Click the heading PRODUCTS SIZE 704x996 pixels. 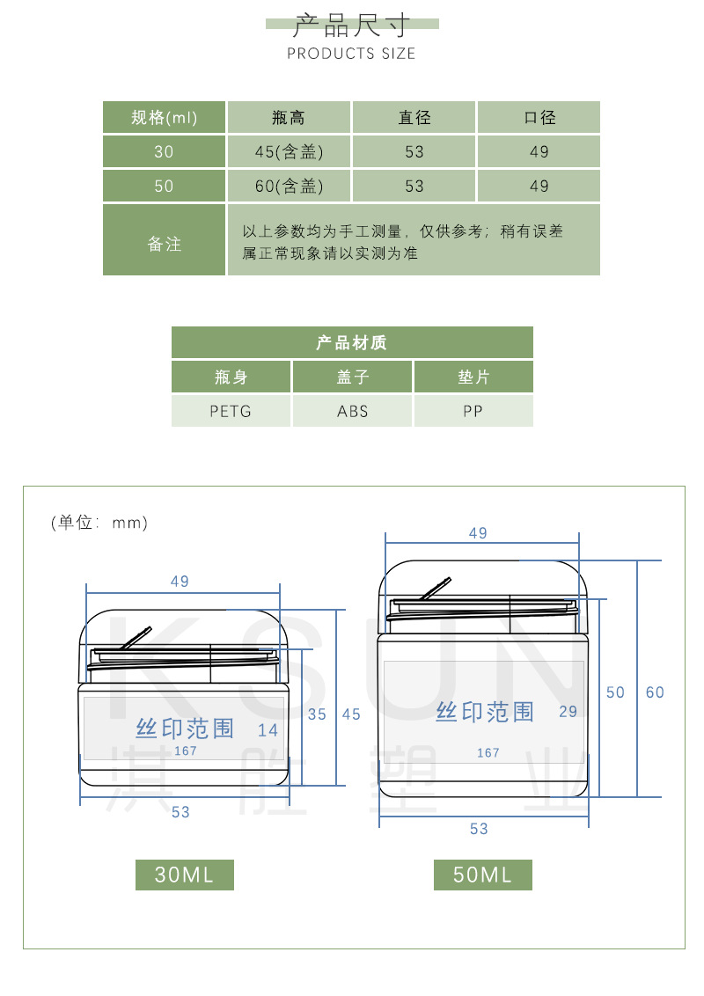351,54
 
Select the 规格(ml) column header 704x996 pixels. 165,118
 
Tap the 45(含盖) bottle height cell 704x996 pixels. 290,152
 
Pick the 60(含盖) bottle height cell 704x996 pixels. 290,187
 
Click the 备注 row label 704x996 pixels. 165,244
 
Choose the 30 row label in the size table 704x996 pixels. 165,152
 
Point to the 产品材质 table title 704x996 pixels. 352,342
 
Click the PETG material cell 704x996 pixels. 231,411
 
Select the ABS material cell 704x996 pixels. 353,411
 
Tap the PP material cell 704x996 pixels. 473,411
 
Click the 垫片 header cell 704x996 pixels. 473,377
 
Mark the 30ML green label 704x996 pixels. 184,875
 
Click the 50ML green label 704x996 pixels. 482,875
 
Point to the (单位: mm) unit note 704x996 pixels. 99,523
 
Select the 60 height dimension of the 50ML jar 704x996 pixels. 655,692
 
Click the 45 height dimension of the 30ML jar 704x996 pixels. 351,714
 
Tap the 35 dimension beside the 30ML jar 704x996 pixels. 317,714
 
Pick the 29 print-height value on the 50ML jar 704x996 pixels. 568,711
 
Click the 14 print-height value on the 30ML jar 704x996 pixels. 268,729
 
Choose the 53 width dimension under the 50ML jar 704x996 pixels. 479,829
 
